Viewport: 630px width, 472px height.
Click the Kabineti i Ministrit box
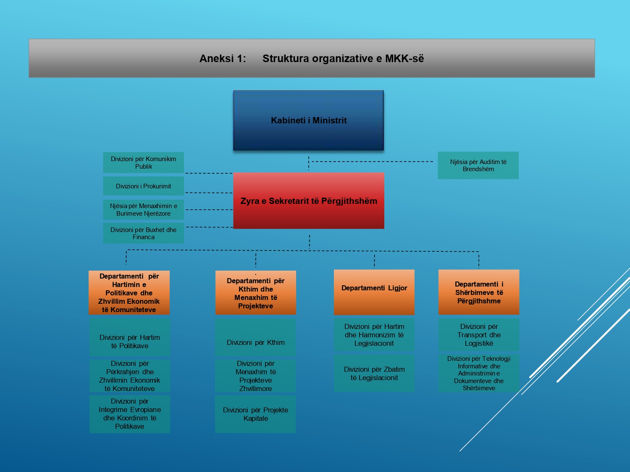pyautogui.click(x=309, y=120)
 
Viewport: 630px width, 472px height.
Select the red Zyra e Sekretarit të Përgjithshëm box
pyautogui.click(x=309, y=201)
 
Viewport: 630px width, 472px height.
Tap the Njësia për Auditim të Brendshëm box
pyautogui.click(x=478, y=165)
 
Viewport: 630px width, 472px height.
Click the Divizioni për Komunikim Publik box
pyautogui.click(x=144, y=162)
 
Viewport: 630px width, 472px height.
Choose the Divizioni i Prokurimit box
pyautogui.click(x=144, y=186)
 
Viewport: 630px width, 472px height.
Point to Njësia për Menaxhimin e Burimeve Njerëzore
pyautogui.click(x=144, y=209)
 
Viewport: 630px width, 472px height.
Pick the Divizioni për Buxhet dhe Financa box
pyautogui.click(x=144, y=233)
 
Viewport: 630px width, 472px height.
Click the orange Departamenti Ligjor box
pyautogui.click(x=374, y=292)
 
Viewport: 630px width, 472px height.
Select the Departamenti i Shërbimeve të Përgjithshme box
pyautogui.click(x=479, y=292)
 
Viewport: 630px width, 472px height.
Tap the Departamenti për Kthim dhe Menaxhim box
pyautogui.click(x=256, y=292)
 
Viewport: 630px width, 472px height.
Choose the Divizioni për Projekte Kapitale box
pyautogui.click(x=255, y=414)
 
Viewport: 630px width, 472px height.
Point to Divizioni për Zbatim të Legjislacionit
pyautogui.click(x=374, y=373)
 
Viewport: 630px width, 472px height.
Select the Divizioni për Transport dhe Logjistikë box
pyautogui.click(x=479, y=335)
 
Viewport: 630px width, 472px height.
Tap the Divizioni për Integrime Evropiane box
pyautogui.click(x=130, y=414)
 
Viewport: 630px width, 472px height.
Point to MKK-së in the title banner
pyautogui.click(x=404, y=58)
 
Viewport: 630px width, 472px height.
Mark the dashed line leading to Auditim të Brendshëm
pyautogui.click(x=372, y=162)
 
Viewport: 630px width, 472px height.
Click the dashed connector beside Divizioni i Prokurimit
pyautogui.click(x=209, y=193)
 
